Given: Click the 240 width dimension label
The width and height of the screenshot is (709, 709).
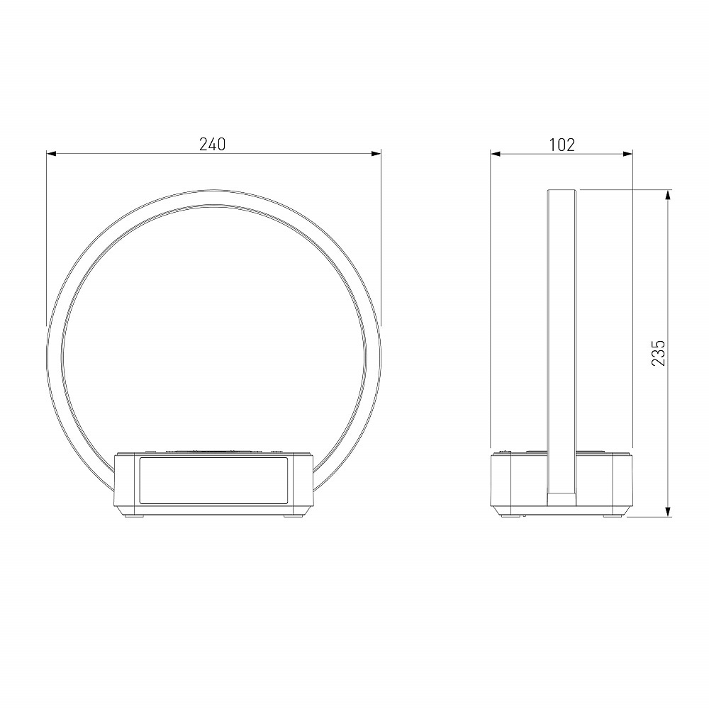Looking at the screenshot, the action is click(212, 144).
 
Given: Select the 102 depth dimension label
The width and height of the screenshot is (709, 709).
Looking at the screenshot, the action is click(562, 145).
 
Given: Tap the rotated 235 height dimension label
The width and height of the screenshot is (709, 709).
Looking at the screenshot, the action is click(659, 353).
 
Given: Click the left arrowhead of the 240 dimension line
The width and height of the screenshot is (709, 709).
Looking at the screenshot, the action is click(51, 154).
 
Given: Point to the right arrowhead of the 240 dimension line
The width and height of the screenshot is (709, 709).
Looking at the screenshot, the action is click(376, 154).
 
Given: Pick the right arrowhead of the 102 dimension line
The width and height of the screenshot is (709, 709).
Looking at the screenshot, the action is click(627, 154).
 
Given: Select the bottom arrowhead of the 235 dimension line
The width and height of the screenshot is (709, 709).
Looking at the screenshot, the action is click(668, 511).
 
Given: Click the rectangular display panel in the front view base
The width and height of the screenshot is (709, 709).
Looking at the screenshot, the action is click(213, 481).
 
